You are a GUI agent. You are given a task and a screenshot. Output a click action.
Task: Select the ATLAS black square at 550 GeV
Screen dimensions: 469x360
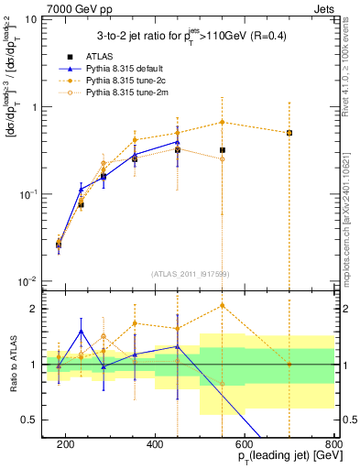click(x=223, y=150)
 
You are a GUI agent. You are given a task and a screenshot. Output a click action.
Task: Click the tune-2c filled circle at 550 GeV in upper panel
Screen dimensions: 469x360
click(x=223, y=123)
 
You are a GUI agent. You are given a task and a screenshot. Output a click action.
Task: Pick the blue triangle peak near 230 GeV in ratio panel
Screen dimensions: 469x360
click(x=82, y=332)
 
